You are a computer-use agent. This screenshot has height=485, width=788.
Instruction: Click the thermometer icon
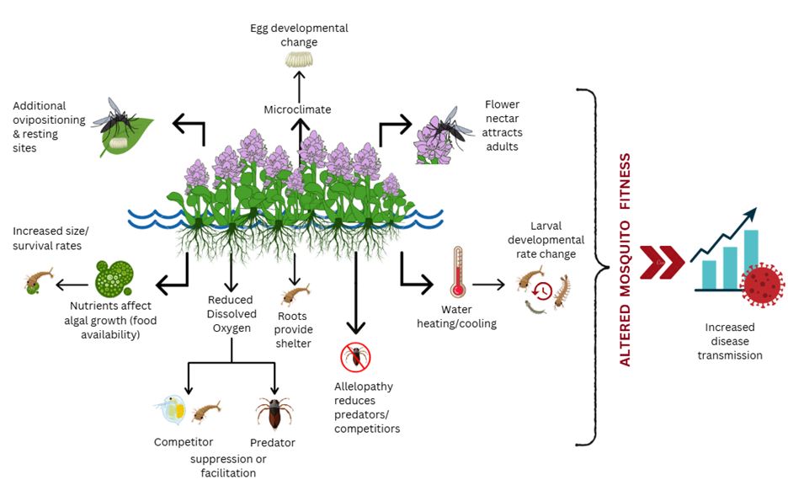tap(458, 273)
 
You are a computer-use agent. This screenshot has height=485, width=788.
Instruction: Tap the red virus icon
tap(764, 283)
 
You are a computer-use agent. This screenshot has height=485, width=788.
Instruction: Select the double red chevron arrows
tap(662, 263)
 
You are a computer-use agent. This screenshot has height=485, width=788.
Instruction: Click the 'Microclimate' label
tap(297, 109)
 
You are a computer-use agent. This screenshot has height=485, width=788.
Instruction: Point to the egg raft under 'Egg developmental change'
tap(297, 60)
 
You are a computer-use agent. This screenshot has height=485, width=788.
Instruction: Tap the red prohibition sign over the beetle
tap(355, 357)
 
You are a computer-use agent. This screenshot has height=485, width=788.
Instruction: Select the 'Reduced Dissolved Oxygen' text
tap(230, 312)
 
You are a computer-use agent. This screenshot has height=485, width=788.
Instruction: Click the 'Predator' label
tap(273, 442)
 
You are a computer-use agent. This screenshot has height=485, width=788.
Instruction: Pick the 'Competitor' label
tap(184, 442)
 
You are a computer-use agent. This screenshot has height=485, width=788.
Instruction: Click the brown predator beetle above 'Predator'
tap(274, 413)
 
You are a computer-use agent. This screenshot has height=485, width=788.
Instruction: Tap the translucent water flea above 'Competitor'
tap(170, 410)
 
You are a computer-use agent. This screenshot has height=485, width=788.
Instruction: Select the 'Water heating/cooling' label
tap(469, 317)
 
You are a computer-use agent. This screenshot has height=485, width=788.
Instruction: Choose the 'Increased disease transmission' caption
tap(730, 341)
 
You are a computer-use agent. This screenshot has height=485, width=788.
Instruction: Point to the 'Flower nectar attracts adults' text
tap(503, 126)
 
